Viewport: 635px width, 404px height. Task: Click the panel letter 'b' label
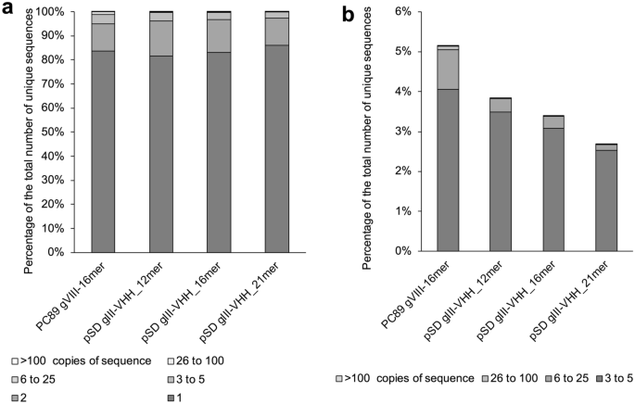348,13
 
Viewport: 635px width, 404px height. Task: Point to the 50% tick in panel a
52,132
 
